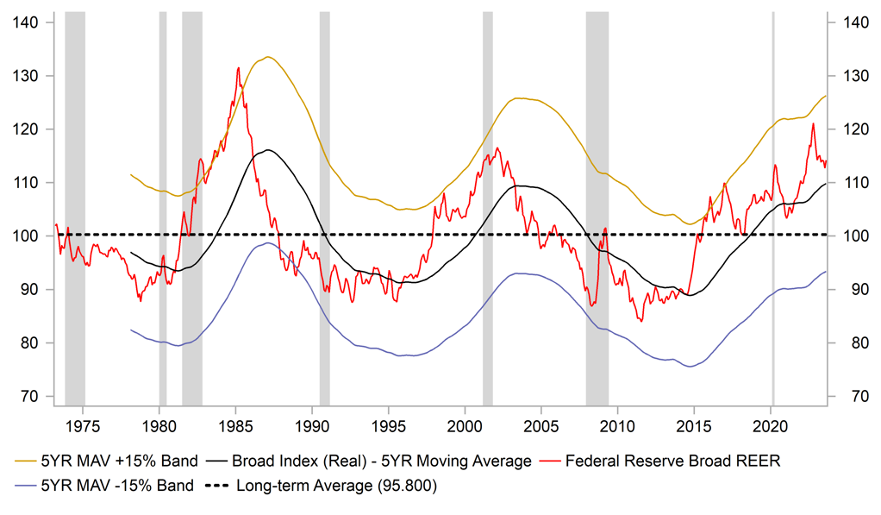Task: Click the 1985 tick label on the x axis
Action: tap(236, 425)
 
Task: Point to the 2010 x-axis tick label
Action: tap(618, 425)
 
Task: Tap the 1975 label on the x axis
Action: tap(83, 425)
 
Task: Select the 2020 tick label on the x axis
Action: tap(772, 425)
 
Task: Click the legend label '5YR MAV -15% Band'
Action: tap(108, 485)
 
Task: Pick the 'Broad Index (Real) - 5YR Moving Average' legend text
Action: tap(384, 461)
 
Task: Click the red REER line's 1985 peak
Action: tap(238, 66)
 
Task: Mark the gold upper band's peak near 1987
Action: tap(268, 57)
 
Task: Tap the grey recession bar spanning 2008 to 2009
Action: tap(597, 207)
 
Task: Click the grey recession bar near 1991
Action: tap(325, 207)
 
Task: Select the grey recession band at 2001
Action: tap(487, 207)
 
